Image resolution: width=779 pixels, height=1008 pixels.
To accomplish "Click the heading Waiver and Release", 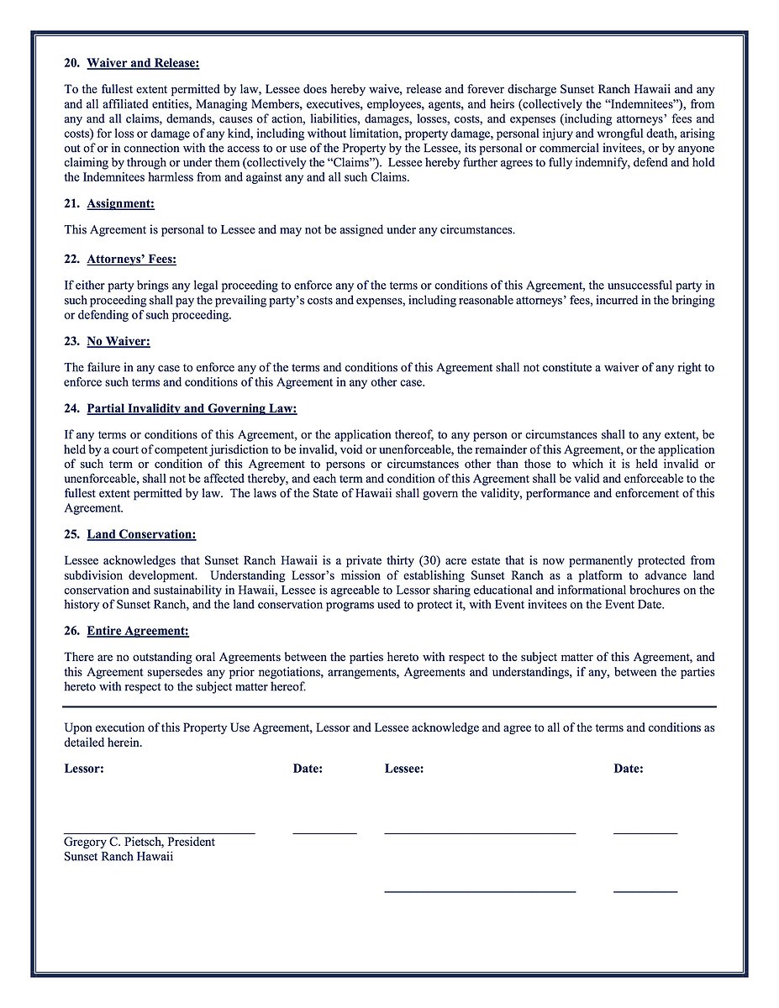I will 143,63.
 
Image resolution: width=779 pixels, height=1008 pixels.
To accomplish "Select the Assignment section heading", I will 121,204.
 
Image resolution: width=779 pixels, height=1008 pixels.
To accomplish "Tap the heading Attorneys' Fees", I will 132,260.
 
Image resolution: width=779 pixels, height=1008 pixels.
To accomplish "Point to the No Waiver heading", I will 118,342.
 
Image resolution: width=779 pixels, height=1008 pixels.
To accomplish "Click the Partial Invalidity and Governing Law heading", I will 192,409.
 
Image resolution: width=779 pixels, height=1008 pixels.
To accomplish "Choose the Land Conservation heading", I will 141,534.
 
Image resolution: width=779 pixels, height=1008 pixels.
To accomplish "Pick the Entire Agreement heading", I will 138,631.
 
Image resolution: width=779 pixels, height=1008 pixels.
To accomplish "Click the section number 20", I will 71,63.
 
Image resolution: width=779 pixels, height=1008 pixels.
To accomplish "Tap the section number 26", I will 71,631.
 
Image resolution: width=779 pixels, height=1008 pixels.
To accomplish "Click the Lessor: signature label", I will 84,769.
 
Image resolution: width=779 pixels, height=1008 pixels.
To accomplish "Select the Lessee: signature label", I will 404,769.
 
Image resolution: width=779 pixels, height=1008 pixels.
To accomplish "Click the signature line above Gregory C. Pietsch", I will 159,832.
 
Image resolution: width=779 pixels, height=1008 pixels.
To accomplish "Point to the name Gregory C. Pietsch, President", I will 139,842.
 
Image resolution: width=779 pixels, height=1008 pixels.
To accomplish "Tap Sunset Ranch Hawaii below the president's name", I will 118,857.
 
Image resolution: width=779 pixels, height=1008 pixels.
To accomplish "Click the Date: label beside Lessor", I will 308,769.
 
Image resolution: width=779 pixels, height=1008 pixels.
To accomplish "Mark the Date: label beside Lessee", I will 629,769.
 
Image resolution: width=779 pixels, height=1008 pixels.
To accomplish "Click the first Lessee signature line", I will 479,832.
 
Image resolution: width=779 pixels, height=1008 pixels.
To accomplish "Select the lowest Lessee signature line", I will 479,890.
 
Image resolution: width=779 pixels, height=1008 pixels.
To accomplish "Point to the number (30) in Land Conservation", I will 431,560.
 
